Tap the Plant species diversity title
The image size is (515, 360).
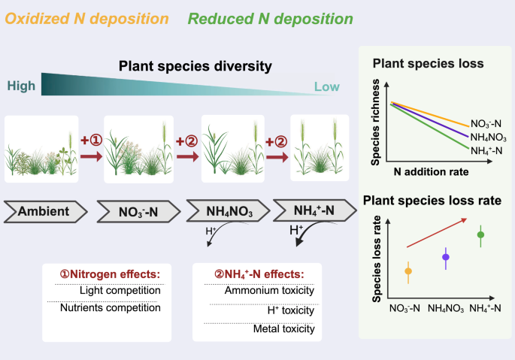click(195, 67)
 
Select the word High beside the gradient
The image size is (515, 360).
click(22, 86)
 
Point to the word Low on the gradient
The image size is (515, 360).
click(327, 87)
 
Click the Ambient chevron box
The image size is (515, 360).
click(46, 211)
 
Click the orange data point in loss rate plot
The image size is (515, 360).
click(408, 271)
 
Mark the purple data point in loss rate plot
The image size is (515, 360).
click(446, 257)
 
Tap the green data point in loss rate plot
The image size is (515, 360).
click(481, 234)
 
